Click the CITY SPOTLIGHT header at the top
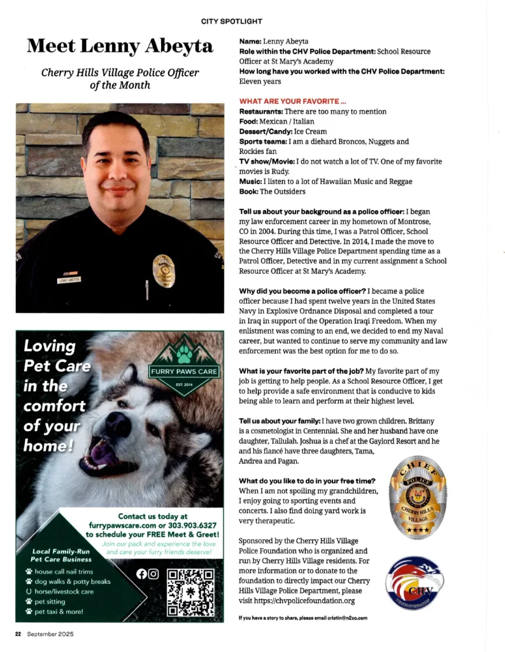231,21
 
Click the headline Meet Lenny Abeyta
119,46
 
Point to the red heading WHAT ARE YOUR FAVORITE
292,101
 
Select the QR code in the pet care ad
190,592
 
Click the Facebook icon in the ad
141,574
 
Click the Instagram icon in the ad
153,574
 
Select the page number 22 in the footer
19,634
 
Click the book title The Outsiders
282,191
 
